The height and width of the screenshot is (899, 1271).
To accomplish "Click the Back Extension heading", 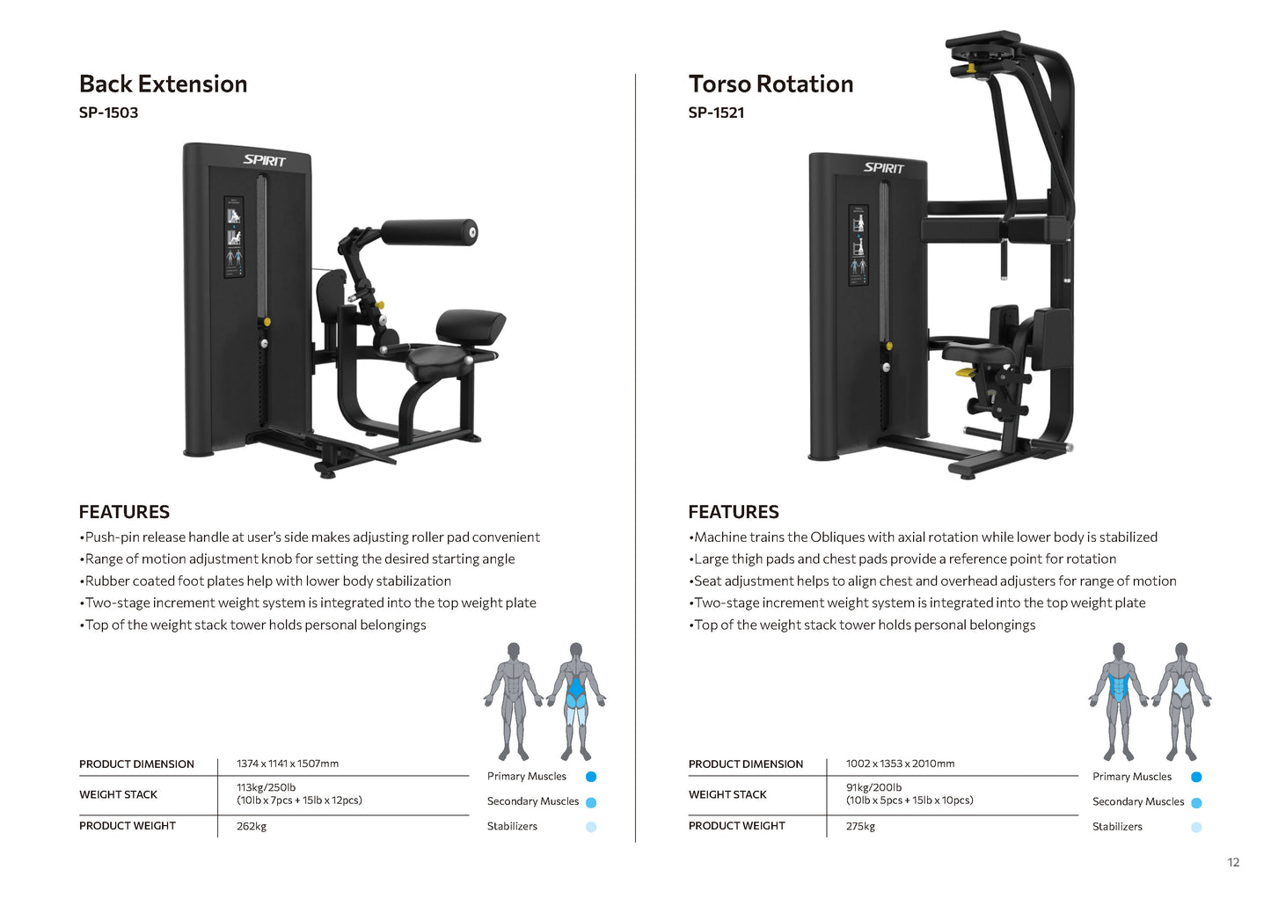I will click(163, 84).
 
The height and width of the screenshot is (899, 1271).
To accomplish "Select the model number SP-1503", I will click(108, 113).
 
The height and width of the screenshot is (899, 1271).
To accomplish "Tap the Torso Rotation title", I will click(771, 84).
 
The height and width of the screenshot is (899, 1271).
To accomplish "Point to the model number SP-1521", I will click(716, 113).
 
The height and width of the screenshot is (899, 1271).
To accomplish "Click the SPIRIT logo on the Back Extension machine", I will click(264, 160).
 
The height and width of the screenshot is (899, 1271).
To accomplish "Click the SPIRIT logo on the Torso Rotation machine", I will click(883, 168).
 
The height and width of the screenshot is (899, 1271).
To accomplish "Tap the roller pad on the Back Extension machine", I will click(428, 232).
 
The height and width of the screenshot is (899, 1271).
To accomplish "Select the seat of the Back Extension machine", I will click(437, 357).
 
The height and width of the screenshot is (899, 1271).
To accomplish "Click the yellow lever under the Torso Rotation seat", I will click(965, 373).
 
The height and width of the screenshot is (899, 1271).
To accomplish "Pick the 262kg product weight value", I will click(252, 826).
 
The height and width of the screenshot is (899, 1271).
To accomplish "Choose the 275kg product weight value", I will click(860, 826).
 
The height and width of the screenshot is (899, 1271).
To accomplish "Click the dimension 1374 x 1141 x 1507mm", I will click(287, 764).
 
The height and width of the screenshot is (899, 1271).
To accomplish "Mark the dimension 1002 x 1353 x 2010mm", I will click(900, 764).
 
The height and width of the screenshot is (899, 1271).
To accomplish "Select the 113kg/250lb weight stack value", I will click(266, 787).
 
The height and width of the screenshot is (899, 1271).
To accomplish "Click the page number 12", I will click(1233, 862).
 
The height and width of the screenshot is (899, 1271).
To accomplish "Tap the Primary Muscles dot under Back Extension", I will click(591, 777).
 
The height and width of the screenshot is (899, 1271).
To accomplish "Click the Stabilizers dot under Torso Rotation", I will click(1196, 827).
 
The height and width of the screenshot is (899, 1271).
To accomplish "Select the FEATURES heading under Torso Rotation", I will click(733, 512).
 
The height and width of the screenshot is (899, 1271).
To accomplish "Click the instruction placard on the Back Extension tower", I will click(234, 238).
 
